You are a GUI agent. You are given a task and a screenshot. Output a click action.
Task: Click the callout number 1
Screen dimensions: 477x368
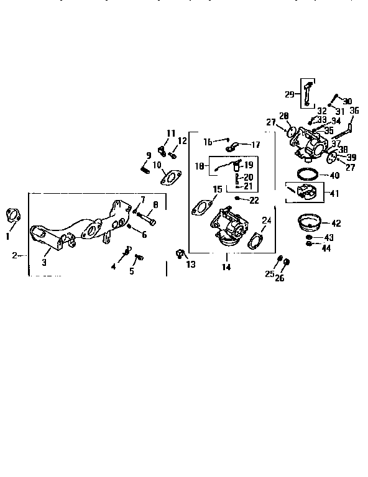click(x=7, y=237)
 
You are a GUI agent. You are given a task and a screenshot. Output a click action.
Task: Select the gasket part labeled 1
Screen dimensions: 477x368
click(x=12, y=216)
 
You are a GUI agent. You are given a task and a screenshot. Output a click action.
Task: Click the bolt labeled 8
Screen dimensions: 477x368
click(x=147, y=217)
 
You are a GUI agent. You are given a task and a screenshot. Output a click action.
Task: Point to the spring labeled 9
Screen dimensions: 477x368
click(x=144, y=168)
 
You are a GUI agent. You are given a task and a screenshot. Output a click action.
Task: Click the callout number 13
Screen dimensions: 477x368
click(x=190, y=265)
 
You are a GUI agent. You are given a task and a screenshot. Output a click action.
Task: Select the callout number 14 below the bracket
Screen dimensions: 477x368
click(x=226, y=267)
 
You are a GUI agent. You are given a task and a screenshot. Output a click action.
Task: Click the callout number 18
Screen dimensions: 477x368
click(x=199, y=166)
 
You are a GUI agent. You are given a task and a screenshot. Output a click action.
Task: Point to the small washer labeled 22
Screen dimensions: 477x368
click(x=238, y=199)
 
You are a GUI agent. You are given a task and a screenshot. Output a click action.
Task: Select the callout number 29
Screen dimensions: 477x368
click(x=289, y=94)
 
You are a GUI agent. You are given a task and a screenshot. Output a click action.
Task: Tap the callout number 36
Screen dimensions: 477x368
click(x=354, y=111)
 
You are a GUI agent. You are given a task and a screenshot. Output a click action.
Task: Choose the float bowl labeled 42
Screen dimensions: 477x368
click(x=309, y=220)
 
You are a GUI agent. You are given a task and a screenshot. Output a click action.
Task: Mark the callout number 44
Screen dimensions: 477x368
click(x=326, y=248)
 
